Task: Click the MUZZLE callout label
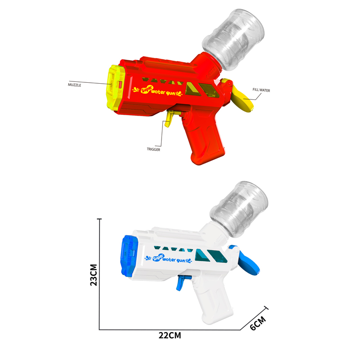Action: [x=74, y=85]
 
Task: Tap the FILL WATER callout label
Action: [x=261, y=90]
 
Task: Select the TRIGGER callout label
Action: [x=153, y=149]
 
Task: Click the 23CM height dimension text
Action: [x=94, y=275]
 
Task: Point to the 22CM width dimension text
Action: [x=170, y=335]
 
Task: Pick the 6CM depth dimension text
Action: [x=258, y=323]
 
